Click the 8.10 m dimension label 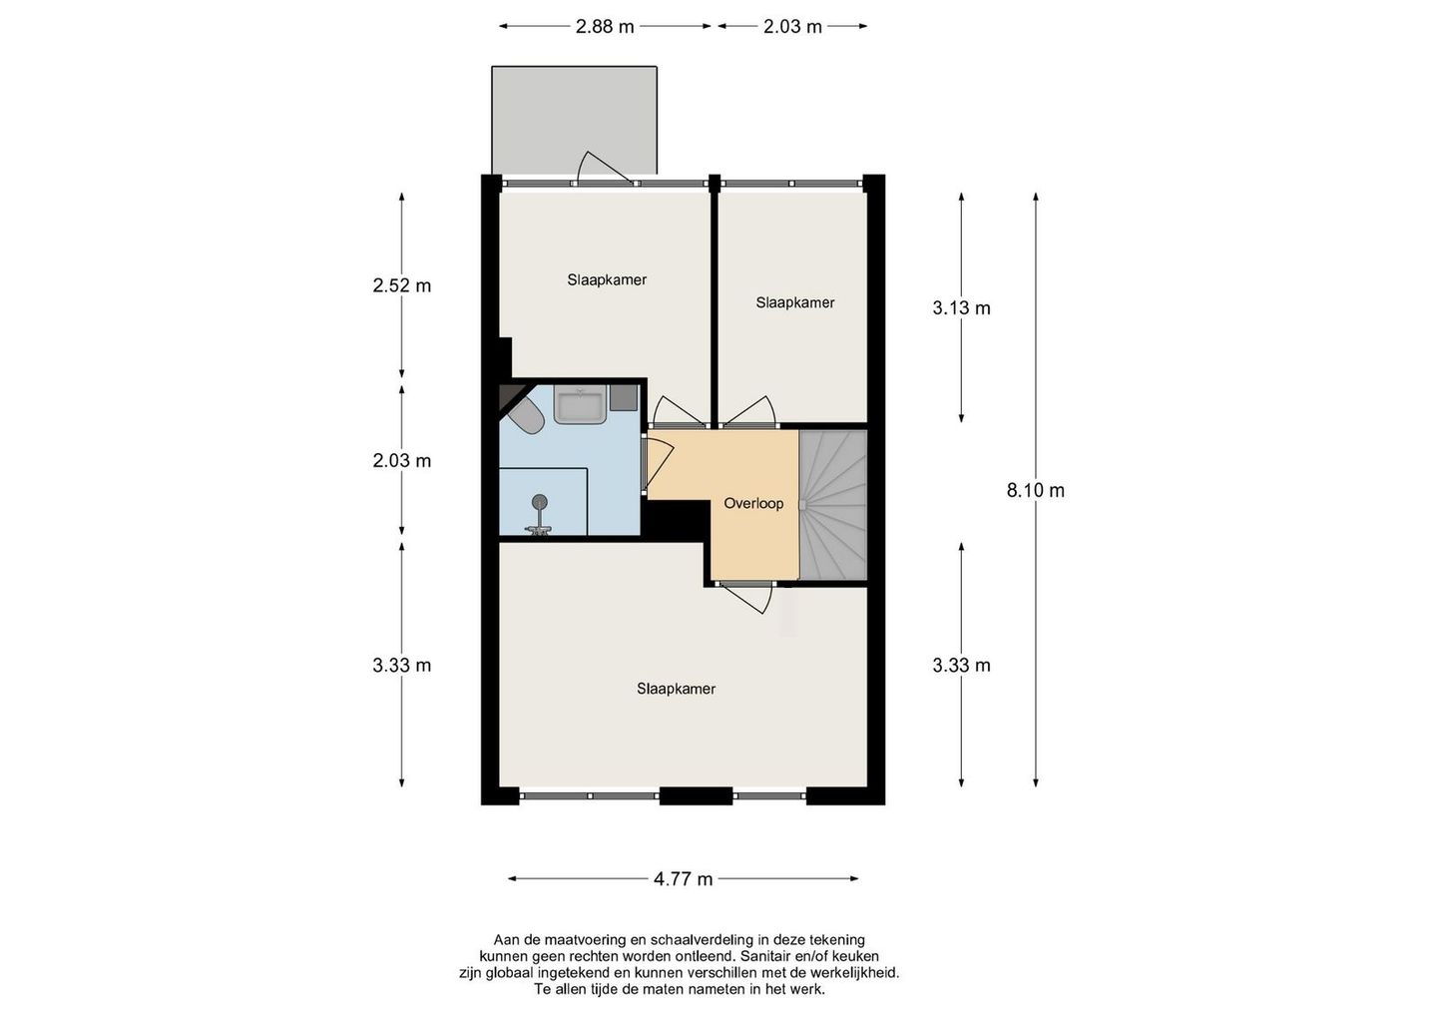point(1035,490)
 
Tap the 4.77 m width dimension point(683,879)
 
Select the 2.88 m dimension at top point(605,27)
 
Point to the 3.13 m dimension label point(961,308)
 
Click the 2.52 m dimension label point(402,285)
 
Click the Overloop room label point(753,503)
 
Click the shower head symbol point(540,503)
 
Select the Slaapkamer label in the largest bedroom point(676,689)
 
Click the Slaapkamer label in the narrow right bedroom point(794,302)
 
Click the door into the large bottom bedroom point(748,596)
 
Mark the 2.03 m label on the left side point(402,461)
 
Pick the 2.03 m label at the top point(792,27)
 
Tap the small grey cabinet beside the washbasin point(623,397)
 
